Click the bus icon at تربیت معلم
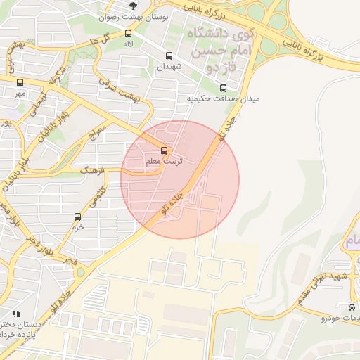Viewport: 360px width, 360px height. pos(164,150)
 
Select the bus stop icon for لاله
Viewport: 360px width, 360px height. pos(127,33)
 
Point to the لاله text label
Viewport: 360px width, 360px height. pos(127,44)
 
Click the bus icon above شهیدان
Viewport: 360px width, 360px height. pos(169,56)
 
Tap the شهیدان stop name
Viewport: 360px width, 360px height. pos(169,66)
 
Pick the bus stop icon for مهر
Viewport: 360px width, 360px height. pos(20,82)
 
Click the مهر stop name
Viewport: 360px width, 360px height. pos(20,93)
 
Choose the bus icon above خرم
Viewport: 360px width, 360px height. pos(77,217)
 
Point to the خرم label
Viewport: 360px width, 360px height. pos(77,227)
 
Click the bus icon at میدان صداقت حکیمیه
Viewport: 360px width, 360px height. pos(223,88)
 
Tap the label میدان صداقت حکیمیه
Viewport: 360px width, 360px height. pos(223,99)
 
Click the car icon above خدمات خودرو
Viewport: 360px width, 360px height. pos(352,307)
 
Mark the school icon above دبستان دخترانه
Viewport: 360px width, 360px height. pos(16,313)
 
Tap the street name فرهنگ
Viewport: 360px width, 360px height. pos(92,170)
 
